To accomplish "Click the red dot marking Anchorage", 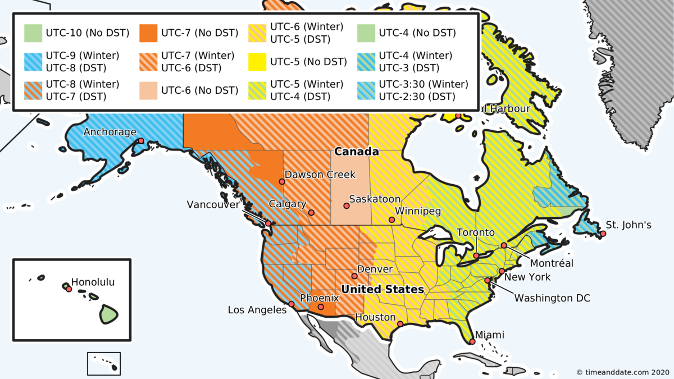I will (x=141, y=141).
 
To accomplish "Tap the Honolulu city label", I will (x=93, y=282).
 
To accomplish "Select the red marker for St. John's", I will (x=603, y=234).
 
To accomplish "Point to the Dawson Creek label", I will (x=320, y=175).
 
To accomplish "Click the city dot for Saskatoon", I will (x=347, y=206).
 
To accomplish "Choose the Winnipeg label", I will (x=418, y=211).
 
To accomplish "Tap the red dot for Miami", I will (x=472, y=341).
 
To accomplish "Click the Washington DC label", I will (x=552, y=298).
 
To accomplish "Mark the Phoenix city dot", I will (x=320, y=307).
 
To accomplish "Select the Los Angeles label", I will (x=257, y=310).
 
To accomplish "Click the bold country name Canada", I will (x=357, y=152).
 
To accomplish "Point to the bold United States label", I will (x=382, y=290).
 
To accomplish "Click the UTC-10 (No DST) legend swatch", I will (x=33, y=33).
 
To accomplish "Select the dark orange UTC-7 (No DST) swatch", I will (x=148, y=33).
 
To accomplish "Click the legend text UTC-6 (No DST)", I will (x=200, y=90).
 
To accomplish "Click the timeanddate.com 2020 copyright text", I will (x=622, y=372).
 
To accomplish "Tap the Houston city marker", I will (x=400, y=324).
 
